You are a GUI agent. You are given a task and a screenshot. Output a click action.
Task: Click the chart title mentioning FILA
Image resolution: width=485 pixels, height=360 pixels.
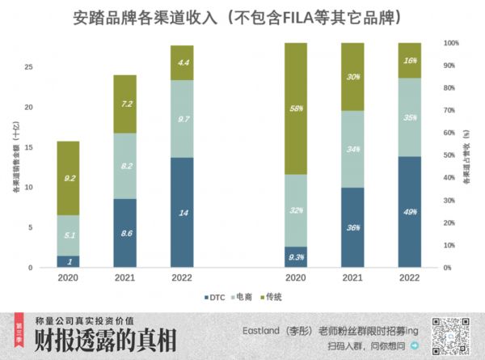coord(242,16)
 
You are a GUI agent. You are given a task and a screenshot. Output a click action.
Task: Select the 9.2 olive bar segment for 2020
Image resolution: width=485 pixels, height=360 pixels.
coord(68,178)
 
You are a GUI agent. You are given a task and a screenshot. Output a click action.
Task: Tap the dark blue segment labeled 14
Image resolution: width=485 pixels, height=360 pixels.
coord(182,212)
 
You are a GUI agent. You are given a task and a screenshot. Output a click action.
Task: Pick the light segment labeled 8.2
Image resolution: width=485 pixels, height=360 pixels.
coord(124,166)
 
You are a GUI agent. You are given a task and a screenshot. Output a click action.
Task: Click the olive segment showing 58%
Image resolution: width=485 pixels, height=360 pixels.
coord(295,108)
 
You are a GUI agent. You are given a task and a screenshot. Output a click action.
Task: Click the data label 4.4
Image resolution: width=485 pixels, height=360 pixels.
coord(183,62)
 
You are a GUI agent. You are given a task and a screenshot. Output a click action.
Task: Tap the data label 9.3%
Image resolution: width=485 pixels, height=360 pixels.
coord(295,257)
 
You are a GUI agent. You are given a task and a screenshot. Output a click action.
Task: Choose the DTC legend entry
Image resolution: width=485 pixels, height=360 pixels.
coord(214,297)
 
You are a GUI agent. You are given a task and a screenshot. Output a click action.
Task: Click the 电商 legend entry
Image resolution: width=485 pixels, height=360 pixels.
coord(245,297)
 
